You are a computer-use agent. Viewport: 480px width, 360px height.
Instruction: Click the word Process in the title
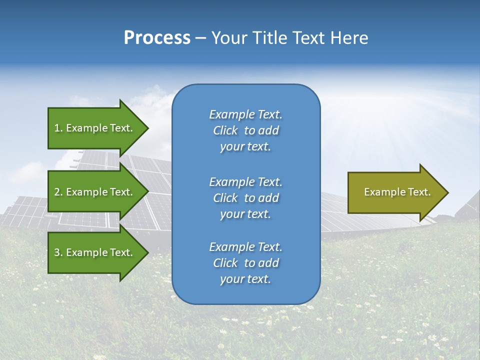click(157, 38)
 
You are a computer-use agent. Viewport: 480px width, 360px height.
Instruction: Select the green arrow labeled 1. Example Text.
click(95, 128)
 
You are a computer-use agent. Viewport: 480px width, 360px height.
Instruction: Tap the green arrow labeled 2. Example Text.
click(95, 192)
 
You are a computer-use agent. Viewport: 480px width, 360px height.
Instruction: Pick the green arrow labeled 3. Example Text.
click(95, 252)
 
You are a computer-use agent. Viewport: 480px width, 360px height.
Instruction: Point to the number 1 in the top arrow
click(57, 128)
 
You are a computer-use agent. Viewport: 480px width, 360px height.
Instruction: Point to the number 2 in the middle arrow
click(57, 192)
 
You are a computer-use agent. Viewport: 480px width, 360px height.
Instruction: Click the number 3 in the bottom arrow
click(57, 252)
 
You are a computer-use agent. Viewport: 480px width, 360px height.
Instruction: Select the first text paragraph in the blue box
click(245, 130)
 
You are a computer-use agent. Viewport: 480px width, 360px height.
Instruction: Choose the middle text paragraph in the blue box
click(245, 197)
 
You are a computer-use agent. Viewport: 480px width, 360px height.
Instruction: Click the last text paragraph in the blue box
click(245, 263)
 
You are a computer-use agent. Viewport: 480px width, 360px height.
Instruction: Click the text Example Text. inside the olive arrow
click(397, 192)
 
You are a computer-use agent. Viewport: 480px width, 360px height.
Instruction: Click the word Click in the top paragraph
click(225, 130)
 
